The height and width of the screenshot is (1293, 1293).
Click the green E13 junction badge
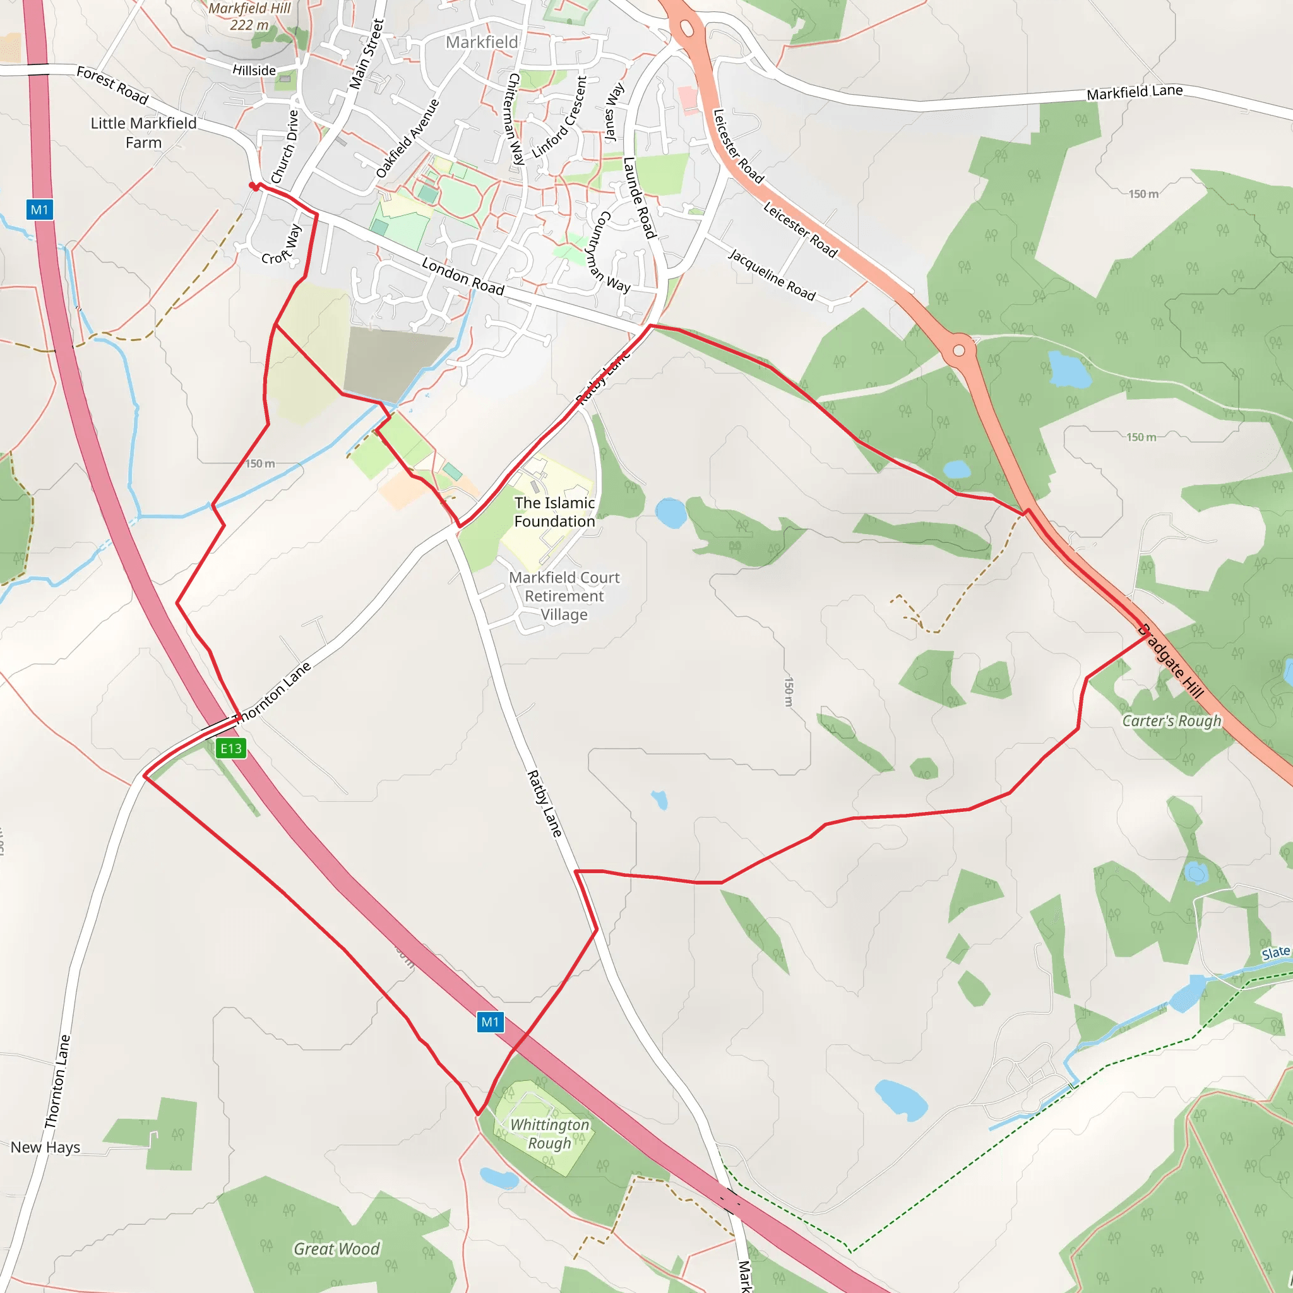click(231, 748)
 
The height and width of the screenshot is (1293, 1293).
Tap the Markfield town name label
click(482, 42)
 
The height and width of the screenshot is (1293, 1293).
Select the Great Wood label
click(337, 1249)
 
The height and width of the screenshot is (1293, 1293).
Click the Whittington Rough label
click(549, 1134)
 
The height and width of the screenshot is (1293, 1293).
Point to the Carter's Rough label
click(1172, 721)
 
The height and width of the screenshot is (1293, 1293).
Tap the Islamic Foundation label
click(554, 512)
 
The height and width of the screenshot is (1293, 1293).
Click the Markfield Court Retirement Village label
click(564, 595)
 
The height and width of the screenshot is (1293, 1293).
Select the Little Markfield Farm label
click(144, 133)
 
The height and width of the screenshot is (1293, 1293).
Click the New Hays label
click(45, 1147)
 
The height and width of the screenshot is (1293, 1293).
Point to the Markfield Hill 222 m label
click(249, 17)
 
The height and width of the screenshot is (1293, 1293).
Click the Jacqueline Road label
click(772, 275)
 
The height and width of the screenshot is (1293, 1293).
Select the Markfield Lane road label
click(1135, 92)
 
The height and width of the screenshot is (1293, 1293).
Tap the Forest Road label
click(112, 85)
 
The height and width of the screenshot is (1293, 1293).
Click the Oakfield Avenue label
click(408, 138)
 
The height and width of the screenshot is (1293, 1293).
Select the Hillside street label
click(254, 70)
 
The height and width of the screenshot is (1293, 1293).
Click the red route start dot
click(253, 186)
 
